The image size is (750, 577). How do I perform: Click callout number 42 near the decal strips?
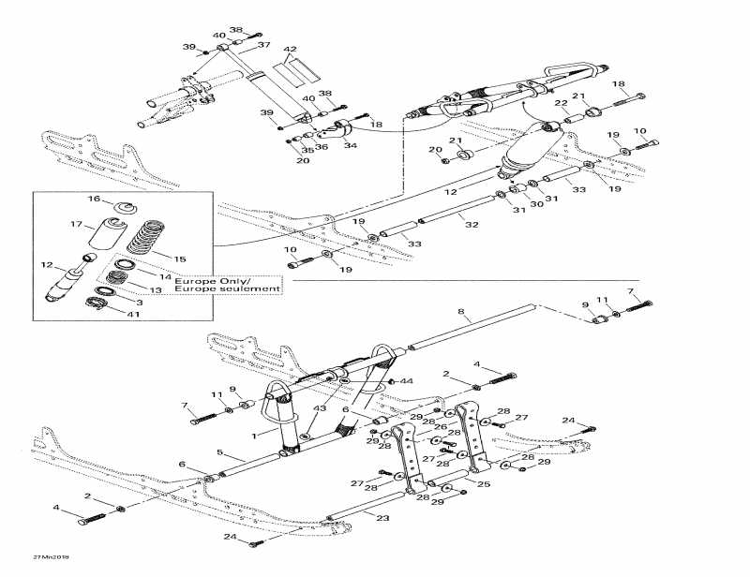click(290, 49)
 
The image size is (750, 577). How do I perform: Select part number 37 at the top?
click(263, 45)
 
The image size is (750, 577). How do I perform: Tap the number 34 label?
click(350, 145)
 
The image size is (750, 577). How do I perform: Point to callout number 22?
click(561, 103)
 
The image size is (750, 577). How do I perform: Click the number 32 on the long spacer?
click(471, 225)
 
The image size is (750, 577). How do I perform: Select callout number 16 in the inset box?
click(94, 200)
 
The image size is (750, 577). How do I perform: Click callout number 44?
click(407, 381)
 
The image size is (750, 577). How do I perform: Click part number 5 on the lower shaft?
click(220, 452)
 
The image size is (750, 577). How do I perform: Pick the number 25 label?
click(484, 484)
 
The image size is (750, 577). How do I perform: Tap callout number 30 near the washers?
click(537, 204)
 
